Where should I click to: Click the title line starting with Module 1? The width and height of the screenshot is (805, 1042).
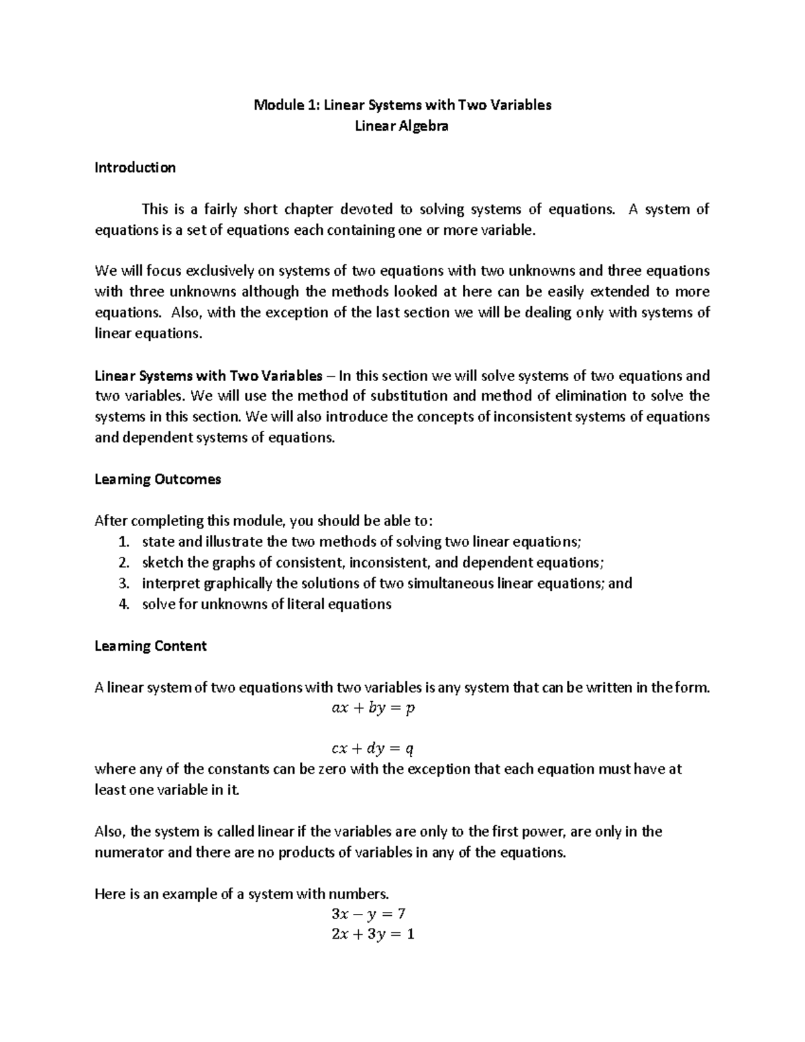[x=402, y=105]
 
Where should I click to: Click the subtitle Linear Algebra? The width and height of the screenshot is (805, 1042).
[x=402, y=125]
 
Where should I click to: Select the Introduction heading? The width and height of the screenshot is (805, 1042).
[x=135, y=168]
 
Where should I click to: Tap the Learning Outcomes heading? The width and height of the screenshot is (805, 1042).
[x=158, y=479]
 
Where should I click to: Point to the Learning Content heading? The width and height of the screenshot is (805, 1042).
[x=150, y=645]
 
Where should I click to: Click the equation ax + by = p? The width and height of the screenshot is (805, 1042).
[x=373, y=708]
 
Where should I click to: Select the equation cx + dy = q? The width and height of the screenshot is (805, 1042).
[x=373, y=749]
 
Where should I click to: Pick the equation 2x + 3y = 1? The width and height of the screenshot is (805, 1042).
[x=372, y=934]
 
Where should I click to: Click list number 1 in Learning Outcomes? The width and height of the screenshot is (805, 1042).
[x=122, y=542]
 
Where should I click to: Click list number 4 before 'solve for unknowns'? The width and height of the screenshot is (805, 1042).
[x=122, y=605]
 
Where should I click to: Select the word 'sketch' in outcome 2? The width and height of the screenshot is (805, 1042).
[x=162, y=562]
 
